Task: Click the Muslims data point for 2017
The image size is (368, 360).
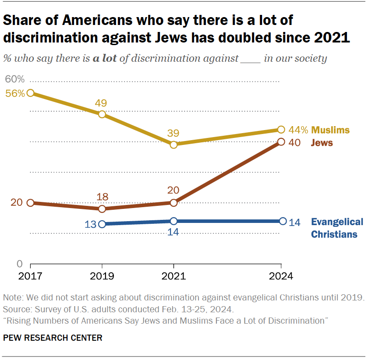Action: (30, 93)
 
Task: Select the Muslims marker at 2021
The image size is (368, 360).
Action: (173, 145)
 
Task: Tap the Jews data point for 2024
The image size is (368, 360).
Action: (281, 142)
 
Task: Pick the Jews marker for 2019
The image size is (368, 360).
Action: (102, 209)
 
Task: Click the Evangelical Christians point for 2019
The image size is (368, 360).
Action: (102, 224)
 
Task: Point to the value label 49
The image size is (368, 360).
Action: (102, 103)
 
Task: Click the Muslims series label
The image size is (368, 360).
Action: (331, 130)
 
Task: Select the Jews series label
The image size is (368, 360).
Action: (322, 143)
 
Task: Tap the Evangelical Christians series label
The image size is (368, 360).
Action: (336, 228)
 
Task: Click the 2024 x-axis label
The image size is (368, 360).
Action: (281, 276)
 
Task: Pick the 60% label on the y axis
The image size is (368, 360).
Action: (15, 80)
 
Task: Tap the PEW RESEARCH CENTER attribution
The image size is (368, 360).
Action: (53, 338)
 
